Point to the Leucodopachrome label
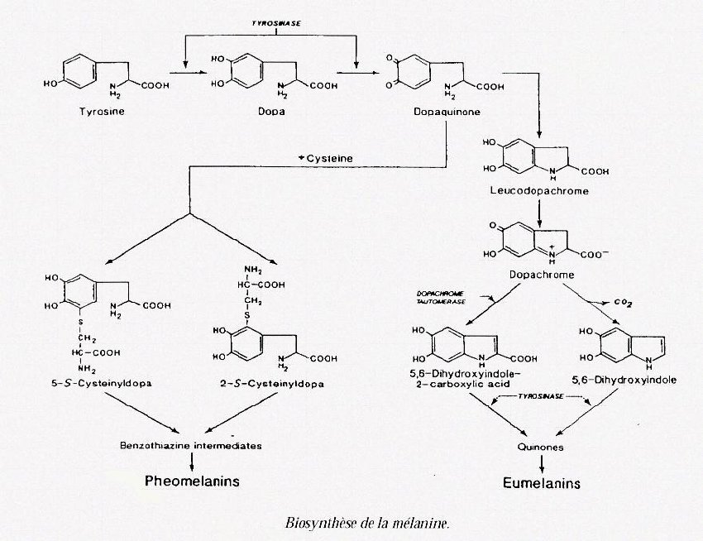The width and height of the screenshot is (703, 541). click(539, 191)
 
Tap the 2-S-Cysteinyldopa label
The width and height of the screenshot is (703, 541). click(274, 383)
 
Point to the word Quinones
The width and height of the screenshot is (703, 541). click(542, 447)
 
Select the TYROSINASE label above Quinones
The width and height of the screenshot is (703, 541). click(541, 398)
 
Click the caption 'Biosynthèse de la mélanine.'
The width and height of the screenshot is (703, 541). click(368, 523)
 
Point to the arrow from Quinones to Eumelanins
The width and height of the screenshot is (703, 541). click(542, 463)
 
